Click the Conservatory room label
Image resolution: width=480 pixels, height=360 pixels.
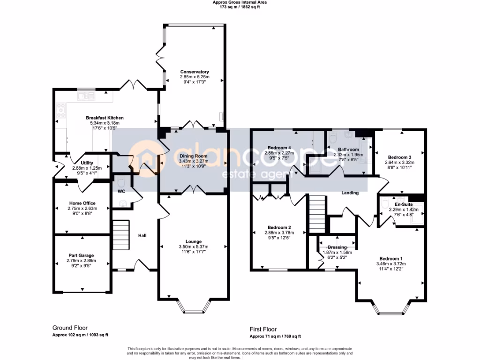tap(194, 72)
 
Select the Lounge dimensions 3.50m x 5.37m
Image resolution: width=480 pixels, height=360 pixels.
tap(193, 247)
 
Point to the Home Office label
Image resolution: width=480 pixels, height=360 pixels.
tap(82, 203)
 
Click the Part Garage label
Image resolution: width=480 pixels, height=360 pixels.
tap(82, 255)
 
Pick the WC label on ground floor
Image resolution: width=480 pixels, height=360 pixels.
tap(121, 192)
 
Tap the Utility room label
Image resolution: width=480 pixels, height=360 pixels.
tap(87, 163)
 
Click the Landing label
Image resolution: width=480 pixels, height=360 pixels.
tap(350, 193)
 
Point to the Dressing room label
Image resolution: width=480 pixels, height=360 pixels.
tap(337, 247)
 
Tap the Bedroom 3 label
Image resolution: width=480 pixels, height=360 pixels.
tap(400, 157)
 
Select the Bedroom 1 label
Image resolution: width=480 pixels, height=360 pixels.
tap(390, 259)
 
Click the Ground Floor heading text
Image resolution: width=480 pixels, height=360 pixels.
tap(70, 328)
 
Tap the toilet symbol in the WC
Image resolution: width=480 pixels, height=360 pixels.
tap(123, 203)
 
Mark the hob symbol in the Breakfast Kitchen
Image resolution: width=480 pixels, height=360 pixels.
tap(61, 110)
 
